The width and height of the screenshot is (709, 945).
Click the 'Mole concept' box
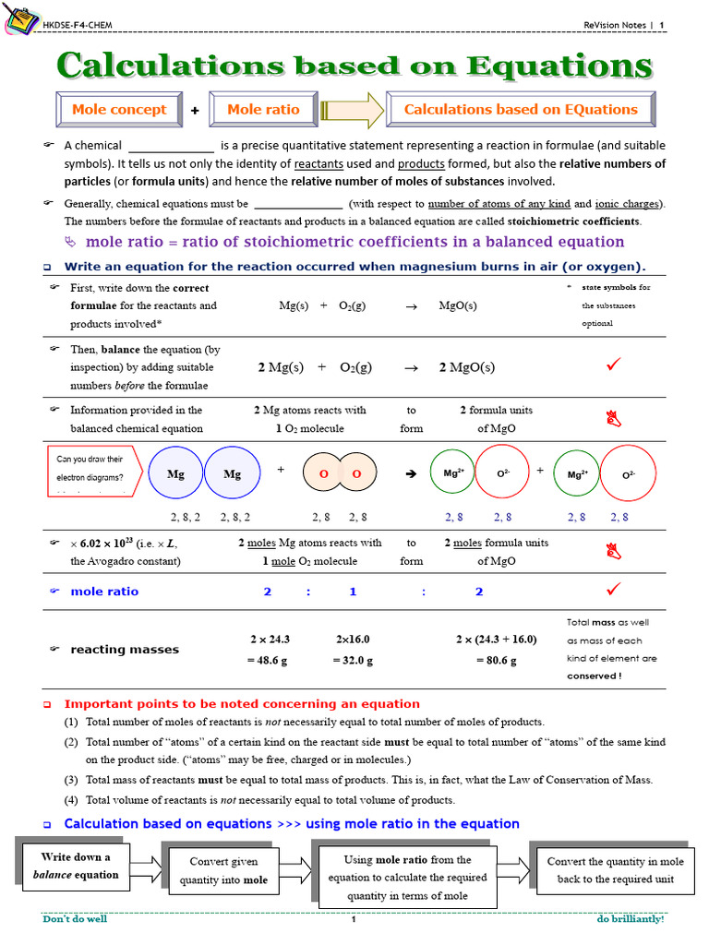click(x=119, y=110)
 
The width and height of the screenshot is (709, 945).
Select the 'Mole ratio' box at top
click(x=263, y=110)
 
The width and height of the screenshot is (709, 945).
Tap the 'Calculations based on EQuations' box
click(x=521, y=110)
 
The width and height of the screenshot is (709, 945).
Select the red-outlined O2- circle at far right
click(x=628, y=473)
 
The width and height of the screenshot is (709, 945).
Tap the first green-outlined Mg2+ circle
click(x=452, y=472)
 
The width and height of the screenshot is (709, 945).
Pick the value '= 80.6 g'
click(x=486, y=661)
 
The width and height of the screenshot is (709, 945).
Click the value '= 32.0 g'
click(x=353, y=661)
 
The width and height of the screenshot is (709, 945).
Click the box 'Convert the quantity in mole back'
click(x=615, y=870)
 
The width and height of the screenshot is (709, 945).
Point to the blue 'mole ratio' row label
click(x=104, y=592)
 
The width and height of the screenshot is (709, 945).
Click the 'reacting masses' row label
click(x=125, y=650)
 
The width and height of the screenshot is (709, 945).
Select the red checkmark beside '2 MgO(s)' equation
click(x=613, y=365)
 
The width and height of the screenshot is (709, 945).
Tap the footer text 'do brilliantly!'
click(x=630, y=919)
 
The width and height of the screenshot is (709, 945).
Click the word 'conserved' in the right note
click(x=591, y=676)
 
